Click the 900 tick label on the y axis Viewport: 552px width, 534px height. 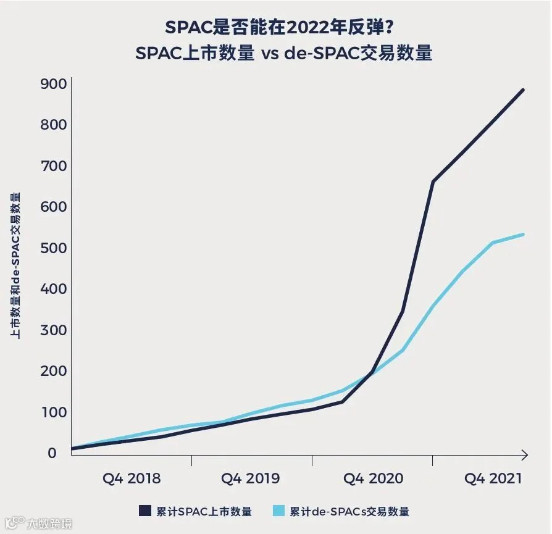pyautogui.click(x=53, y=84)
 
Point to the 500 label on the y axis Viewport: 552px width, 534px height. pyautogui.click(x=53, y=248)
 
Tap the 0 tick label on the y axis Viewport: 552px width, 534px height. pyautogui.click(x=52, y=453)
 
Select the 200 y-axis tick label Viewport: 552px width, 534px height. pyautogui.click(x=53, y=371)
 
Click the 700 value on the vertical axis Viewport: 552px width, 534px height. pyautogui.click(x=53, y=166)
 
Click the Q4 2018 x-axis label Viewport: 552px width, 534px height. pyautogui.click(x=132, y=478)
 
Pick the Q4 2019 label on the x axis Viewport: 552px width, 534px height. pyautogui.click(x=250, y=478)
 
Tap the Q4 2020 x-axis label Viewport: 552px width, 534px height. pyautogui.click(x=373, y=478)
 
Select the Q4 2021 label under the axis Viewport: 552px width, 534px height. pyautogui.click(x=493, y=478)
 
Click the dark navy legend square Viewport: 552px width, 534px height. pyautogui.click(x=145, y=511)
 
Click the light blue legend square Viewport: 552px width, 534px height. pyautogui.click(x=278, y=511)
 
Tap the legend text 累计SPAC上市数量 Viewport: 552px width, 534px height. pyautogui.click(x=204, y=512)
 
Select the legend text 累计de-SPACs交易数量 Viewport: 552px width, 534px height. pyautogui.click(x=349, y=512)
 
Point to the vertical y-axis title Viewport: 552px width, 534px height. pyautogui.click(x=15, y=266)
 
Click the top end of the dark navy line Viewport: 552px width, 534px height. pyautogui.click(x=523, y=90)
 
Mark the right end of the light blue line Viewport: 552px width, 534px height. pyautogui.click(x=523, y=235)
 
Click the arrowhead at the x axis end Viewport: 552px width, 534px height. pyautogui.click(x=525, y=455)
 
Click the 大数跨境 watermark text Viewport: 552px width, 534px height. pyautogui.click(x=49, y=524)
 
